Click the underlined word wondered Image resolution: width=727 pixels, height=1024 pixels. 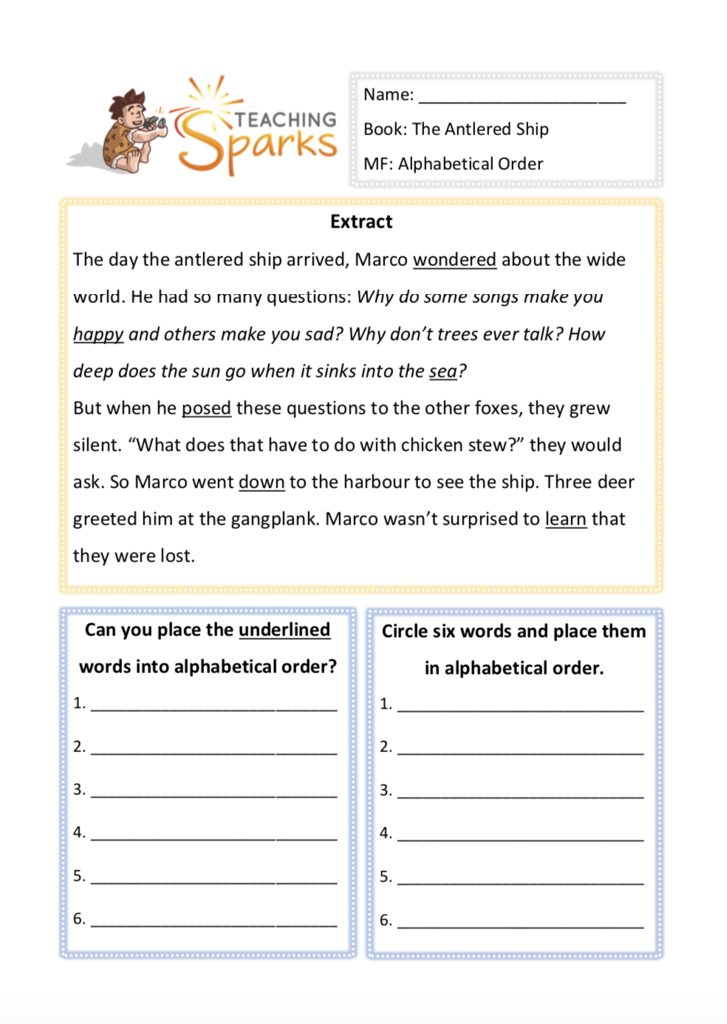click(454, 260)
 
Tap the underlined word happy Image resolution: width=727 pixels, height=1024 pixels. click(98, 335)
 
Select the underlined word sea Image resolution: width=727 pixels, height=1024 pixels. click(443, 371)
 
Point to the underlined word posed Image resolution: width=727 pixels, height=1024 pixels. click(206, 408)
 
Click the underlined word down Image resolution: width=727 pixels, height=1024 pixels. click(262, 482)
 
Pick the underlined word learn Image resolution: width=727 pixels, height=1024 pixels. click(566, 519)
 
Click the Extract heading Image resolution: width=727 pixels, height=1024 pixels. click(361, 222)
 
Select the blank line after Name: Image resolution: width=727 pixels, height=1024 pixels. click(522, 96)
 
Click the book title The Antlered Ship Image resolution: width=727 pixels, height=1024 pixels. click(480, 129)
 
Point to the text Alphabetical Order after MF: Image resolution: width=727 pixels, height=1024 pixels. click(471, 164)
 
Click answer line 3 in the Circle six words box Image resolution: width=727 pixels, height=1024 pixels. click(520, 791)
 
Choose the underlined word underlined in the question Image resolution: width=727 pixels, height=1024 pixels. click(284, 629)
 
